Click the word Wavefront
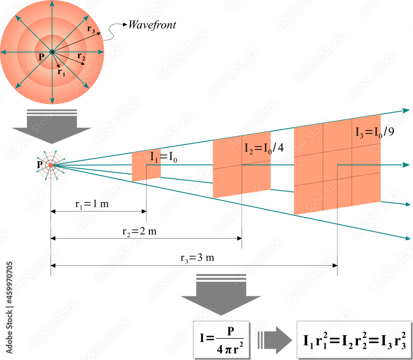152,25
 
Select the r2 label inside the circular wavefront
81,56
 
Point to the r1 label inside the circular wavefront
61,72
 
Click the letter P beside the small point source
40,165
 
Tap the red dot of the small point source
51,165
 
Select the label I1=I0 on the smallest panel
164,157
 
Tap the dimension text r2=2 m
140,232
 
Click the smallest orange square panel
146,166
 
